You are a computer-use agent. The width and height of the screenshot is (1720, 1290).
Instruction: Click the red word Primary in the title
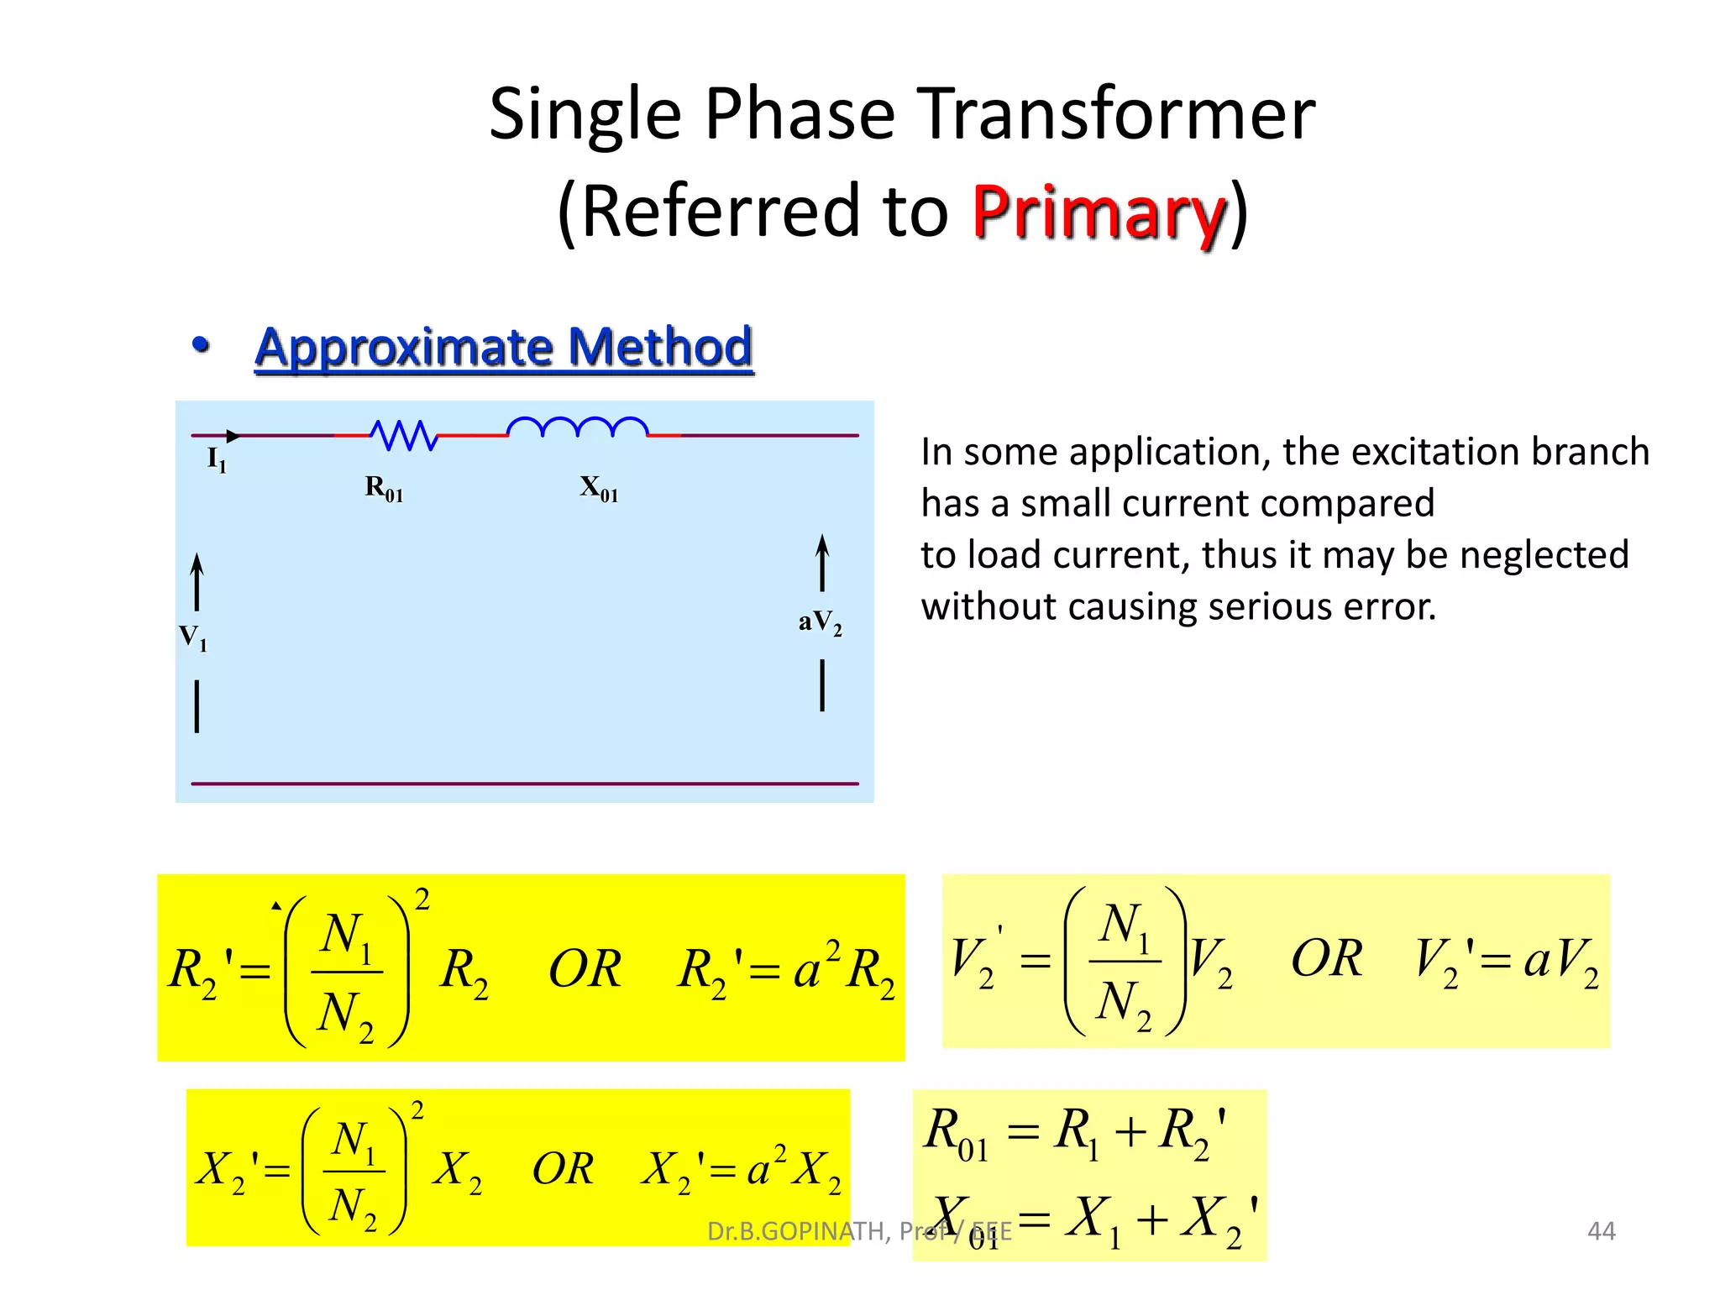(1099, 212)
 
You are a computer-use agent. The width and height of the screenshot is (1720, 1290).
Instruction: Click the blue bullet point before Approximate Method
(200, 344)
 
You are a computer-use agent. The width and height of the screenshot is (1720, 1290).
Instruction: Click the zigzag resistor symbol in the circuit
(404, 435)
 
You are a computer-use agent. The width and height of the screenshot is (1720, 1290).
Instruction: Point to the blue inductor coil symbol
(578, 427)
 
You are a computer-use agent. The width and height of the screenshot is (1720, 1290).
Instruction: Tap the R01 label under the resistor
(384, 488)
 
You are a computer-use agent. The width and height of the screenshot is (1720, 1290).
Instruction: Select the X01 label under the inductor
(599, 488)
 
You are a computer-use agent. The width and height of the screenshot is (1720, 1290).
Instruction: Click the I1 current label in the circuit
(217, 459)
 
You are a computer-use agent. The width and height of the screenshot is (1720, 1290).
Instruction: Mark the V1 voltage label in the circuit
(193, 637)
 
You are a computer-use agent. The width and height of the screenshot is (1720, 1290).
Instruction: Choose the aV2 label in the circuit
(820, 622)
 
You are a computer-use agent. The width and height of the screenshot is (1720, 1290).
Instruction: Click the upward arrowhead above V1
(197, 561)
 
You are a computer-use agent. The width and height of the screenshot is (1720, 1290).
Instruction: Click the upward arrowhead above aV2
(822, 543)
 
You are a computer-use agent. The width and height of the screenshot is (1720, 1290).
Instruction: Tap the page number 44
(1601, 1231)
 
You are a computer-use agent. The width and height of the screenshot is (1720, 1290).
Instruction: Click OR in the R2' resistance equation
(585, 969)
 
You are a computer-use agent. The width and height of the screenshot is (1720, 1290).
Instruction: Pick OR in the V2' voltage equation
(1326, 958)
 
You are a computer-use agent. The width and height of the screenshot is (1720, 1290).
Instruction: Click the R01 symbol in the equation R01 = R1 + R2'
(956, 1134)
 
